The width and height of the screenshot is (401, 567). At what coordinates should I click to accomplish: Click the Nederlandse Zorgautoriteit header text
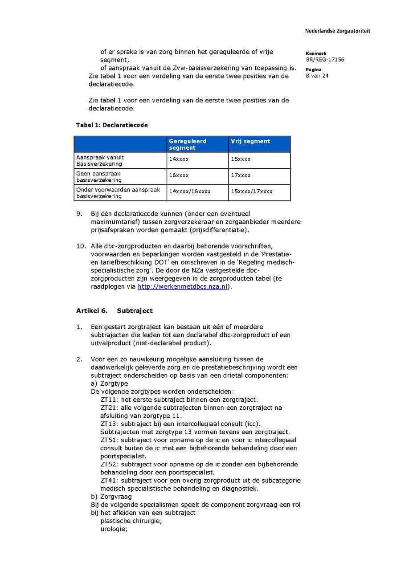337,31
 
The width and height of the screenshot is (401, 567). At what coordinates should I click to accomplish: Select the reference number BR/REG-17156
325,60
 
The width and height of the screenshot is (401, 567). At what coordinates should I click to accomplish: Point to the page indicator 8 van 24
317,76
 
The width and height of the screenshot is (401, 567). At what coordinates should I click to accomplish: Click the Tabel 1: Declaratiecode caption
112,125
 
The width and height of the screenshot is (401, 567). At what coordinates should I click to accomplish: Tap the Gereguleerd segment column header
188,144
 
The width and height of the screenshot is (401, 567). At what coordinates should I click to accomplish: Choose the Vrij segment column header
250,141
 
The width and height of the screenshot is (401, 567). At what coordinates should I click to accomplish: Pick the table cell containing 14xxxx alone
179,159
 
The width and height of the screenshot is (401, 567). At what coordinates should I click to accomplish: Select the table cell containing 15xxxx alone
241,159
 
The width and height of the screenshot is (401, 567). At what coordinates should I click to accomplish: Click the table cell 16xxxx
179,175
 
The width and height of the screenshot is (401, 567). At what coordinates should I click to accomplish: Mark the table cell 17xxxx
241,175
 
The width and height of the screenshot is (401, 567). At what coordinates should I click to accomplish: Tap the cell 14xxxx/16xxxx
190,192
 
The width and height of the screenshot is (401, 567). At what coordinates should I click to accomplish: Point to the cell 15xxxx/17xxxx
251,192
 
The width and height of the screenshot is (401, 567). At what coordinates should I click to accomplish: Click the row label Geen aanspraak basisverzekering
98,177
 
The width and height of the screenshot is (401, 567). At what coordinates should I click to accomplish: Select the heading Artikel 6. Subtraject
115,310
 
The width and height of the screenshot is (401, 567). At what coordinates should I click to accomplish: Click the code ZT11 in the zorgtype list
109,400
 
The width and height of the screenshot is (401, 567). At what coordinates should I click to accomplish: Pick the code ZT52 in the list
109,464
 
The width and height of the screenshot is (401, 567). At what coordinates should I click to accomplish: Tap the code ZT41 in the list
109,481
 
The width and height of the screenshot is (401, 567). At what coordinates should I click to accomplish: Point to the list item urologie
114,529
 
